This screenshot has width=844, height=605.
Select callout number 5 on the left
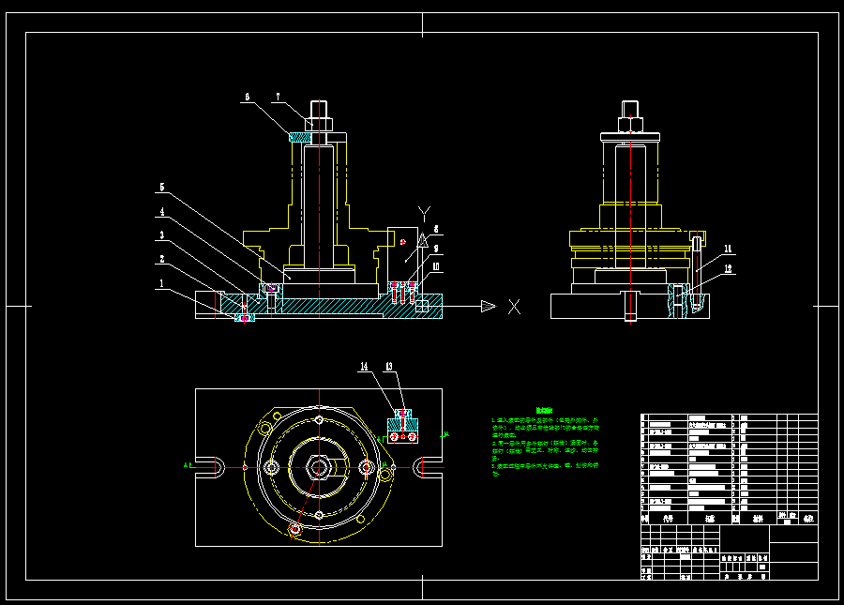click(x=161, y=187)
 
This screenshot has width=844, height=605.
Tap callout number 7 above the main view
click(x=278, y=96)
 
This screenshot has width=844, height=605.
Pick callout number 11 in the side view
click(x=728, y=249)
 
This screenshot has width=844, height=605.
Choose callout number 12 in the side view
click(x=728, y=268)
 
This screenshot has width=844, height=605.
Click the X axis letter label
click(x=514, y=307)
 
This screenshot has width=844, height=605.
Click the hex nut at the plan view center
click(x=319, y=466)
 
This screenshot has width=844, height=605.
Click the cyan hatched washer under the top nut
click(x=299, y=138)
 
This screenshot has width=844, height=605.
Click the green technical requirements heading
click(x=544, y=411)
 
